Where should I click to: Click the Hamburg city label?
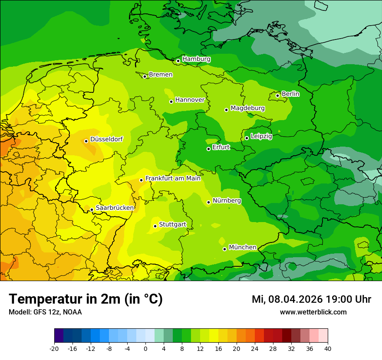coord(196,59)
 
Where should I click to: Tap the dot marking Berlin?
coord(277,95)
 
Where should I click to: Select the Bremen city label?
coord(161,75)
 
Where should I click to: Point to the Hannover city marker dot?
coord(171,101)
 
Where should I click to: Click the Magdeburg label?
coord(247,108)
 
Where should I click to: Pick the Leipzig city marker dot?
coord(247,138)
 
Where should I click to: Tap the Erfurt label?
coord(221,147)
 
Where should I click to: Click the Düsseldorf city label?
coord(106,139)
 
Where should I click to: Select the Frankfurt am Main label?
coord(173,178)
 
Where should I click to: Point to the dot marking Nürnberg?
coord(208,202)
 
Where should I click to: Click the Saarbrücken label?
coord(115,208)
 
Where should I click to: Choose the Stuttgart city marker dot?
coord(155,226)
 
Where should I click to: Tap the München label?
coord(242,247)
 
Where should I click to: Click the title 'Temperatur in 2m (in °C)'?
coord(86,299)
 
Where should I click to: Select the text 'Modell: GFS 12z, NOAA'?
coord(45,312)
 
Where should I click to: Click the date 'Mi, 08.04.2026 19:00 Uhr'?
coord(311,299)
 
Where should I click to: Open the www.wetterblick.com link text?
coord(313,312)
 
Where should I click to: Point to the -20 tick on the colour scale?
coord(54,349)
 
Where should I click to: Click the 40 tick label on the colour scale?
coord(328,349)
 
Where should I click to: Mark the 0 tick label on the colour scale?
coord(145,349)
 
